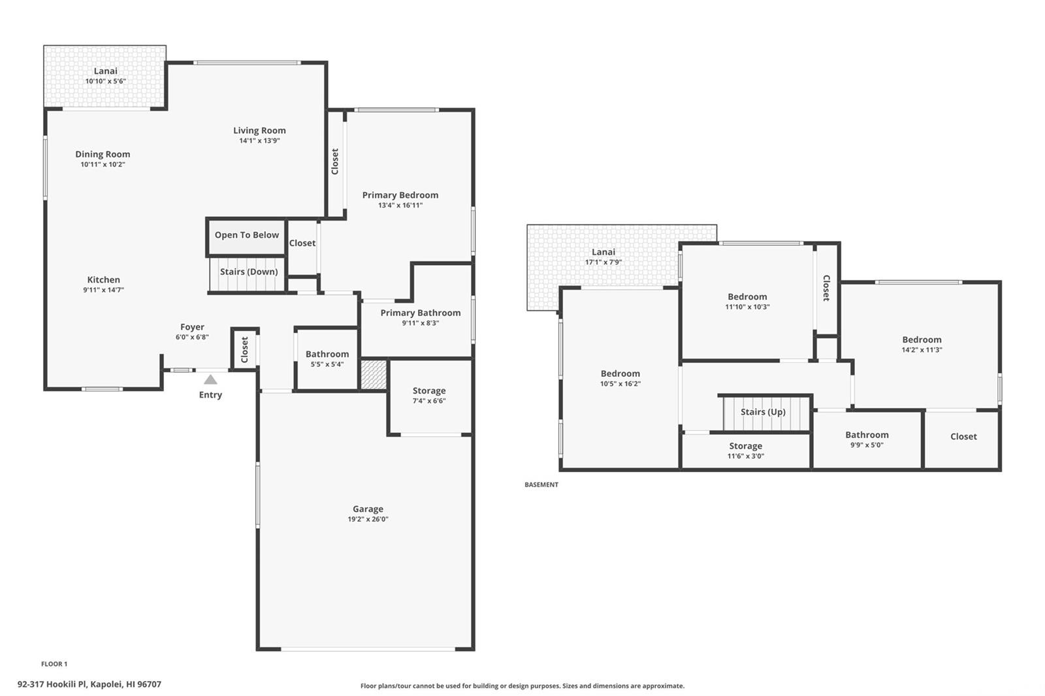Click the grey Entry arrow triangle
[x=210, y=379]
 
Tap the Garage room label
[x=368, y=509]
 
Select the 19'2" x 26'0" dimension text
[x=368, y=519]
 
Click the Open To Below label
[x=247, y=235]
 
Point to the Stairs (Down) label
[x=249, y=272]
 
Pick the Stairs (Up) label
[x=764, y=412]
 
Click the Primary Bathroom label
[x=421, y=313]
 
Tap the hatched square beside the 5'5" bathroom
[x=374, y=374]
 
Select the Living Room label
[x=259, y=131]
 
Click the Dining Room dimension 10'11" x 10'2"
[x=103, y=164]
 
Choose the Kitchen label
[x=104, y=279]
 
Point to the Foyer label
[x=192, y=327]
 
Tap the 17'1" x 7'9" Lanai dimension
[x=603, y=262]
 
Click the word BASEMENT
[x=541, y=484]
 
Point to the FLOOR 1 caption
[x=54, y=664]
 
